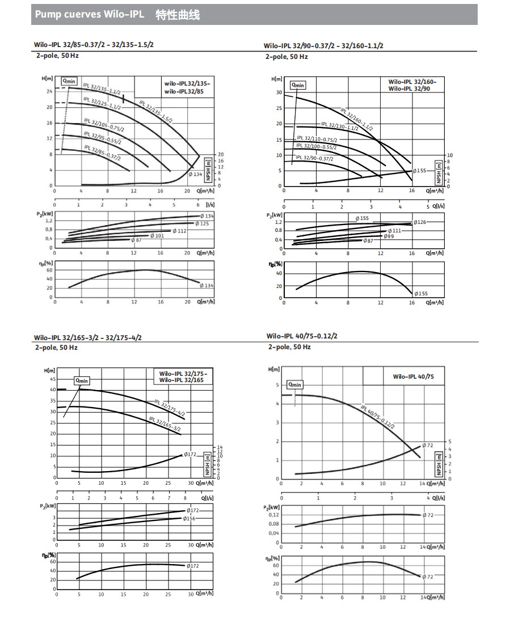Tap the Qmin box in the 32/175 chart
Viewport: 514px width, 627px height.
[82, 380]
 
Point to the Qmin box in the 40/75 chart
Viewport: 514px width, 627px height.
[295, 384]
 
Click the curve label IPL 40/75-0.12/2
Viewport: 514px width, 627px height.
[377, 417]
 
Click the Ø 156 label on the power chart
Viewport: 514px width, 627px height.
[189, 518]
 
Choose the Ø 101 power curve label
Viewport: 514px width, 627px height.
[157, 235]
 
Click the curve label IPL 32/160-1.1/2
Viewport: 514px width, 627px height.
[356, 120]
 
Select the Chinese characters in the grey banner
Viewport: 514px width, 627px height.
[178, 15]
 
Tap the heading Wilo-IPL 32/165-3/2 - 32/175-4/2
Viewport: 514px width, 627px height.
[88, 337]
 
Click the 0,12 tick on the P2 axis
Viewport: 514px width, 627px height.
[273, 514]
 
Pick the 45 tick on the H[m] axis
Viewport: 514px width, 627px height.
[53, 379]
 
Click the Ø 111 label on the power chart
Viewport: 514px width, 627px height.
[395, 230]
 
